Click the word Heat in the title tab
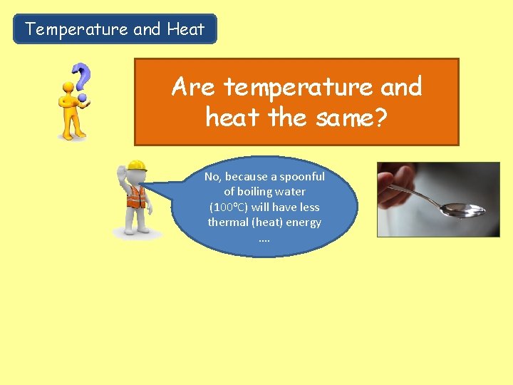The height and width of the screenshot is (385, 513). click(185, 29)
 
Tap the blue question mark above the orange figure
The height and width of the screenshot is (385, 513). click(83, 78)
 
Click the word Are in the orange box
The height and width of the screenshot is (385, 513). click(192, 88)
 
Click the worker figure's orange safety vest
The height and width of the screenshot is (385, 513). click(135, 195)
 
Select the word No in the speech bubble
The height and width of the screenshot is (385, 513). click(212, 177)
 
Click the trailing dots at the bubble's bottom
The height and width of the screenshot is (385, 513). click(264, 238)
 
